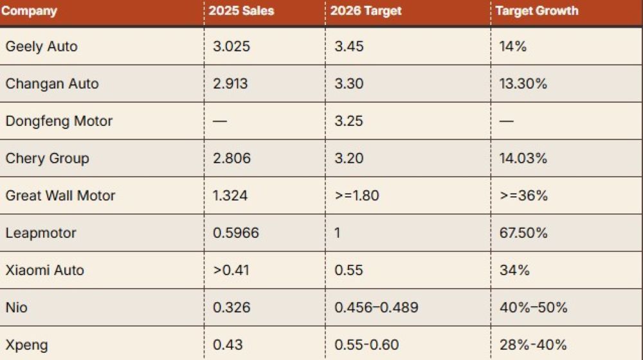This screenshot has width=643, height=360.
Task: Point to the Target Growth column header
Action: (x=538, y=11)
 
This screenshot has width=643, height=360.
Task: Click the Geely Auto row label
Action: (x=41, y=46)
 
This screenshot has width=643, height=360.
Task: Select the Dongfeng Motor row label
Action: (x=59, y=121)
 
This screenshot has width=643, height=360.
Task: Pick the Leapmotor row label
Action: (x=41, y=233)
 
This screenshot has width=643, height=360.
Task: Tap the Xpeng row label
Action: (x=26, y=345)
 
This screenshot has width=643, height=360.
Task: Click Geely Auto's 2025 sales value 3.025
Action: (x=231, y=46)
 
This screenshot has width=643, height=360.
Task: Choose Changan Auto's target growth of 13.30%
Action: (x=523, y=84)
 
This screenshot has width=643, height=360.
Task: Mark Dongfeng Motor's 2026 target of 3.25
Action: (x=349, y=121)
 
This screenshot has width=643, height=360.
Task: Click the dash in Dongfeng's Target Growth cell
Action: (x=507, y=122)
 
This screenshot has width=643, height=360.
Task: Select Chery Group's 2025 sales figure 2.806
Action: (x=231, y=158)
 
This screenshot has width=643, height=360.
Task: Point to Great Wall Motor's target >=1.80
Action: (x=356, y=195)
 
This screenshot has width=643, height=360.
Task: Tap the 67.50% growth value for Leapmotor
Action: (x=523, y=233)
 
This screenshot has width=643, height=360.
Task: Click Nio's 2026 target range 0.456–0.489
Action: (x=376, y=307)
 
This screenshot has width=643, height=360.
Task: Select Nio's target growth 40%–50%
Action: (x=533, y=307)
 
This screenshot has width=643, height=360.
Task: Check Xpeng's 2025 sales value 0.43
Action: (x=228, y=345)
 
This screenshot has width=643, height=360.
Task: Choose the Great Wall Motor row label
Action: (x=60, y=195)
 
